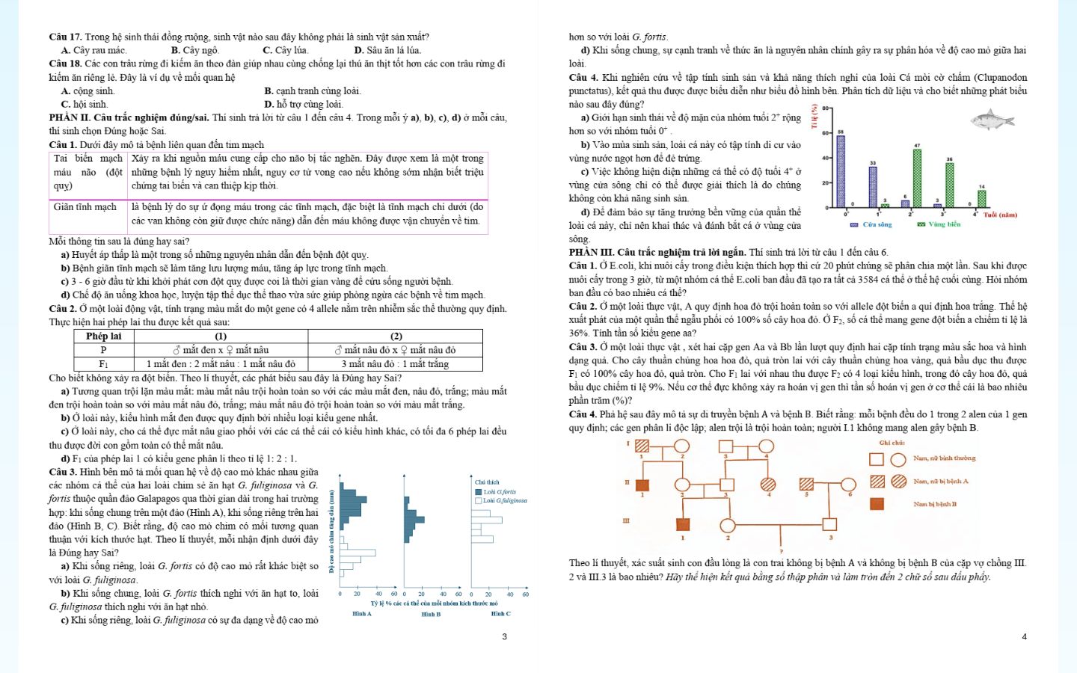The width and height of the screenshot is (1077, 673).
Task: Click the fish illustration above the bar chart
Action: [x=992, y=120]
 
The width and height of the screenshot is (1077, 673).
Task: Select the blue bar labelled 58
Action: [x=841, y=171]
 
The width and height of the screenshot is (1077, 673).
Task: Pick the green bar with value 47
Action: [x=917, y=178]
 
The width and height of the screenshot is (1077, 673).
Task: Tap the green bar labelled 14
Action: [x=982, y=198]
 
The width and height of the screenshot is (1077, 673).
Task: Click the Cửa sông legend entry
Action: [x=871, y=224]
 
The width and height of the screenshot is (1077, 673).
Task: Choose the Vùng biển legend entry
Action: [x=939, y=224]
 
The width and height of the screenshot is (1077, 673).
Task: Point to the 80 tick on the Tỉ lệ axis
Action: [x=826, y=108]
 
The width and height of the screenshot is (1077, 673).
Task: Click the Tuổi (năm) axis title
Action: [x=1000, y=215]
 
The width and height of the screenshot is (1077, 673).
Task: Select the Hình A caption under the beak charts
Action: [x=362, y=614]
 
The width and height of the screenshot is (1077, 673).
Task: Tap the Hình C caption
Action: [x=500, y=614]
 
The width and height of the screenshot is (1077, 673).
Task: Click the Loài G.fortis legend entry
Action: [x=496, y=492]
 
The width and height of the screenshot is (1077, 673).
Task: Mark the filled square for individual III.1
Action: [x=682, y=524]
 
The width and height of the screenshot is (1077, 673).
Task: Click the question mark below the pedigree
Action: [x=781, y=552]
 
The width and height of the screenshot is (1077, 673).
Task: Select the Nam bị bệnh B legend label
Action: [x=935, y=504]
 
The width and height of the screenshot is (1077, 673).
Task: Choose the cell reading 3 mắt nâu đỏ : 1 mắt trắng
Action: [x=396, y=364]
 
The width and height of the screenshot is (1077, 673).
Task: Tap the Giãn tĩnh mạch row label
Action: [x=85, y=207]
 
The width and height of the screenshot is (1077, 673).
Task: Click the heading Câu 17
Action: [x=65, y=37]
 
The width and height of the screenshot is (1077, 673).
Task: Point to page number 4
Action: [x=1024, y=636]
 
